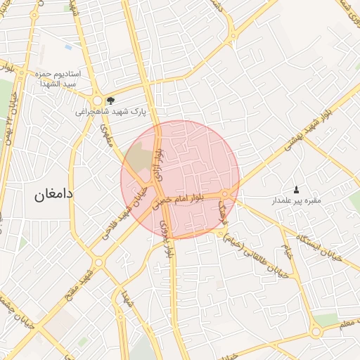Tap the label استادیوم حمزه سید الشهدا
pyautogui.click(x=59, y=79)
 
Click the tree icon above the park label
pyautogui.click(x=110, y=101)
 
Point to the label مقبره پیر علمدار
pyautogui.click(x=296, y=200)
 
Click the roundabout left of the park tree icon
pyautogui.click(x=96, y=101)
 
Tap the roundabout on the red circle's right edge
pyautogui.click(x=225, y=193)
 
